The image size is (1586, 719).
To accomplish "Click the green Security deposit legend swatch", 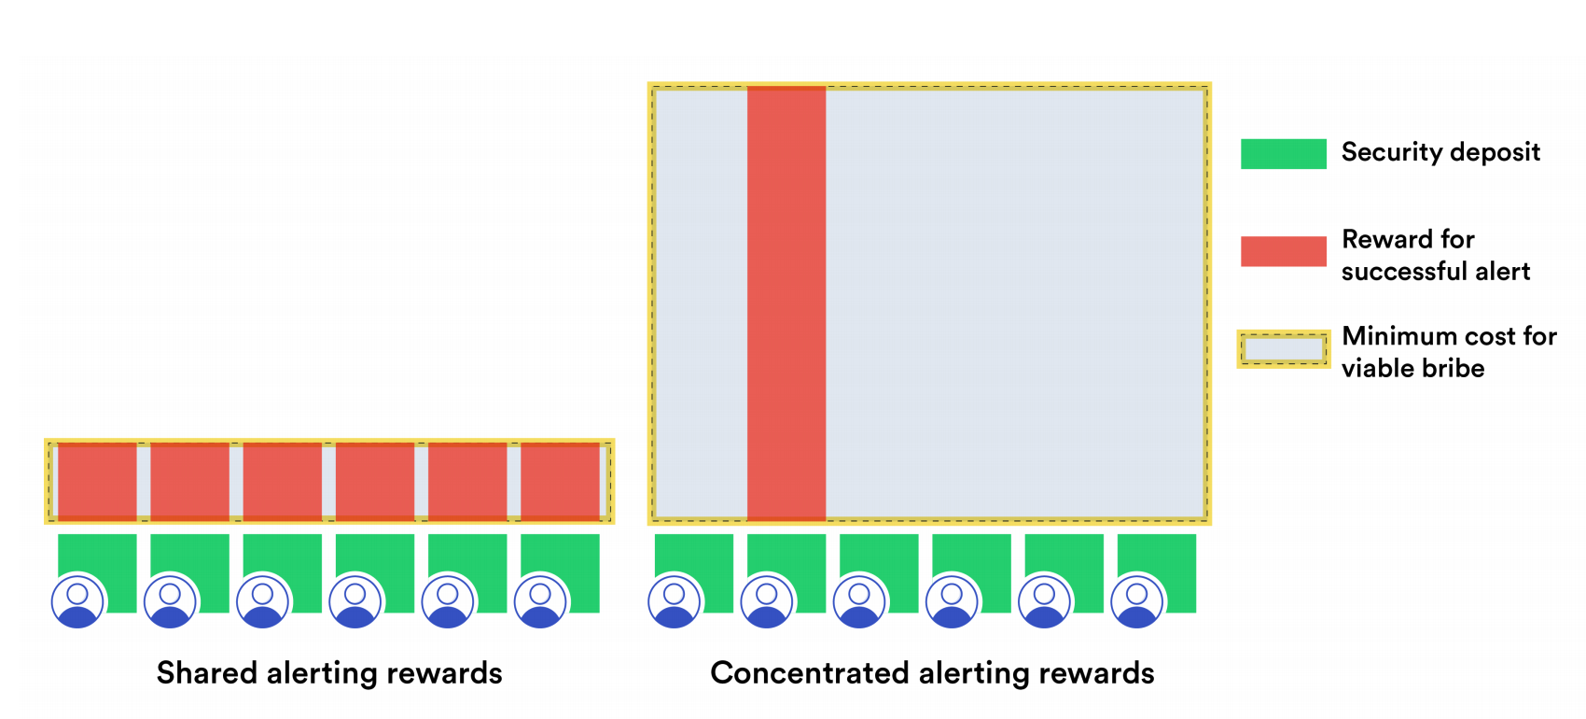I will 1283,153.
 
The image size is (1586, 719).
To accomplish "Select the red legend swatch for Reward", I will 1283,251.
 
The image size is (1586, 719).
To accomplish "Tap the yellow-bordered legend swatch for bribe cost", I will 1283,349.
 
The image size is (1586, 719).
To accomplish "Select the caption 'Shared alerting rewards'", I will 329,673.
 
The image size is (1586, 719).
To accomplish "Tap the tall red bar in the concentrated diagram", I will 786,303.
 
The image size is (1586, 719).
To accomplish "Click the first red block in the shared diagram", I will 97,481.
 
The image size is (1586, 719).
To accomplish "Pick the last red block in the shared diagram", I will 560,481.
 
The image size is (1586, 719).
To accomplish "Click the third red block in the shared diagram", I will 282,481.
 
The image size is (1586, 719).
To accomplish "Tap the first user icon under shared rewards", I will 78,600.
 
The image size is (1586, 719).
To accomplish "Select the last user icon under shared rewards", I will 540,600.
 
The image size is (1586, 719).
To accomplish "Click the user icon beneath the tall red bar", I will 767,600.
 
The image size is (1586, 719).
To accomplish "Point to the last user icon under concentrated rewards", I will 1136,600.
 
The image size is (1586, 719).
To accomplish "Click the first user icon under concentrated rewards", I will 675,600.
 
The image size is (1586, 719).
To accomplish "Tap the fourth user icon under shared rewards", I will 355,600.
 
